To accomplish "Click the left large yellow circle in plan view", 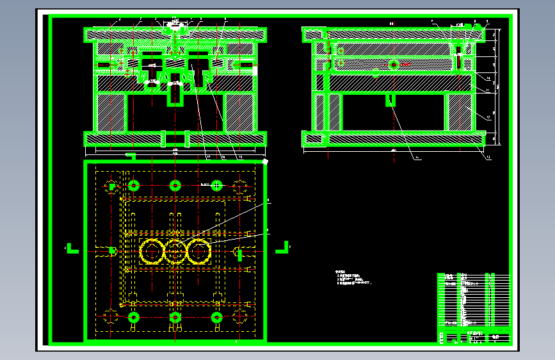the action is (152, 251).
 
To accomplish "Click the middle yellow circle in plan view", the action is (175, 251).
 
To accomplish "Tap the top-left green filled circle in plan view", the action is (133, 186).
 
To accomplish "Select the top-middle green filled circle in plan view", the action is (175, 186).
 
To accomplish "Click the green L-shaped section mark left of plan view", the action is (72, 247).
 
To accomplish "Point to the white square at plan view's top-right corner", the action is (265, 161).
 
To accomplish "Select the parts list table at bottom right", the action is (473, 308).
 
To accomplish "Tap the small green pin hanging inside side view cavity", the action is (390, 100).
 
